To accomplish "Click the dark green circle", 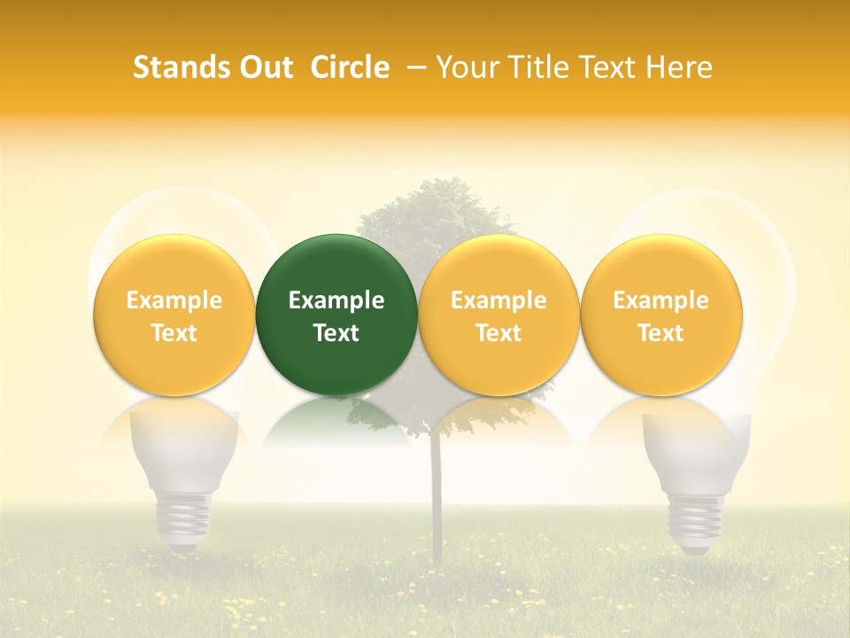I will pos(336,315).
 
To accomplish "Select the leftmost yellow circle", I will pos(174,315).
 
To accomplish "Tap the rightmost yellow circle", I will pos(661,315).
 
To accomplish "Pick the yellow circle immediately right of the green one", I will pos(498,315).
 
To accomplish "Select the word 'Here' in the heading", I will pos(681,67).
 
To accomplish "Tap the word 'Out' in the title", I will pos(263,67).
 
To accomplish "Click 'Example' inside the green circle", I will pos(336,300).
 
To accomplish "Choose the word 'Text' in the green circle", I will pos(336,333).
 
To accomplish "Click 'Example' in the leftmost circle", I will pos(174,300).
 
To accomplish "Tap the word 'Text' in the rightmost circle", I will pos(661,333).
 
